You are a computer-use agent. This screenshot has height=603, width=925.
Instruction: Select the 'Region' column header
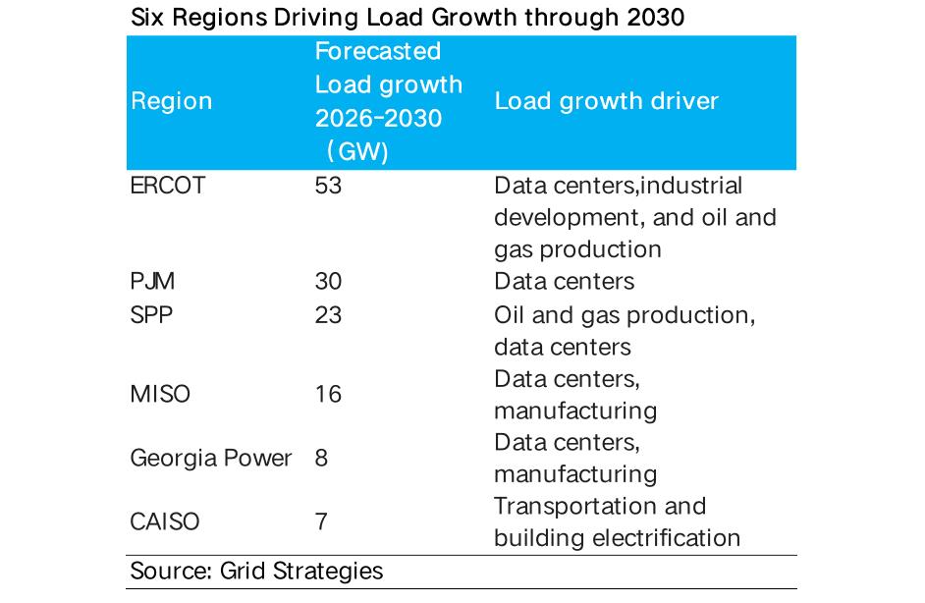171,101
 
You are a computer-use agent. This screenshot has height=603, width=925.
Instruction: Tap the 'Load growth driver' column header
606,101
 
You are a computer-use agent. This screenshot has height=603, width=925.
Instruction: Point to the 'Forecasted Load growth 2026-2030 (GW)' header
388,101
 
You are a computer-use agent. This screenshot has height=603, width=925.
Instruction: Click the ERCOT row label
168,186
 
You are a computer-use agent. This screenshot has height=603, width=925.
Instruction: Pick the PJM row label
152,282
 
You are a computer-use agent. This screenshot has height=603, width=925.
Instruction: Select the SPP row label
150,315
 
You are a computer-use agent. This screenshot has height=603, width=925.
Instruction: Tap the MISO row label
160,394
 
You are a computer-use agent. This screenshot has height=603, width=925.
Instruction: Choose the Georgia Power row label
211,458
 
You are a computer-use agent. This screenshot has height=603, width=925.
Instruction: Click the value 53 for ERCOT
328,186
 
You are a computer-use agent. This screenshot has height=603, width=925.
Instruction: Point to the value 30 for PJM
328,282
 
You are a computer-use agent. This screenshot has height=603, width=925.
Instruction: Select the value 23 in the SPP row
328,315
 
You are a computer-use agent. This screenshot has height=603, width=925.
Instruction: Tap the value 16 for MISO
328,394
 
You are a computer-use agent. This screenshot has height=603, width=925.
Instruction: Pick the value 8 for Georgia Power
322,458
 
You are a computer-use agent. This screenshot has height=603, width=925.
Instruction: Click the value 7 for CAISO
322,521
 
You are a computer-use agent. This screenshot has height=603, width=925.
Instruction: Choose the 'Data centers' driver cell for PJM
565,282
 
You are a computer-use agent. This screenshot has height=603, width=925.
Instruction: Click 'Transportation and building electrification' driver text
617,521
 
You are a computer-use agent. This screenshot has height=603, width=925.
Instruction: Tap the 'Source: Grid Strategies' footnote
256,571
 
